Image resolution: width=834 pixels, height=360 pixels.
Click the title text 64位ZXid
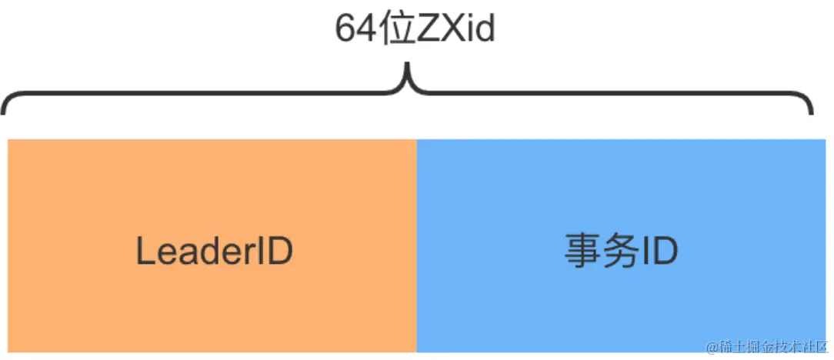point(415,31)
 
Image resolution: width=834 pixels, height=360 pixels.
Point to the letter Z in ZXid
point(429,31)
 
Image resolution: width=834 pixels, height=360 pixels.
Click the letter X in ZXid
point(452,31)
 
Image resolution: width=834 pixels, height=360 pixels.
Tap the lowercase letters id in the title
point(480,31)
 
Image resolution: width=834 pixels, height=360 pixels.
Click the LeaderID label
point(215,251)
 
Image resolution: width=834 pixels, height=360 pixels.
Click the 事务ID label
point(621,251)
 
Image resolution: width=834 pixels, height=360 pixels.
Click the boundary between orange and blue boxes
point(416,246)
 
